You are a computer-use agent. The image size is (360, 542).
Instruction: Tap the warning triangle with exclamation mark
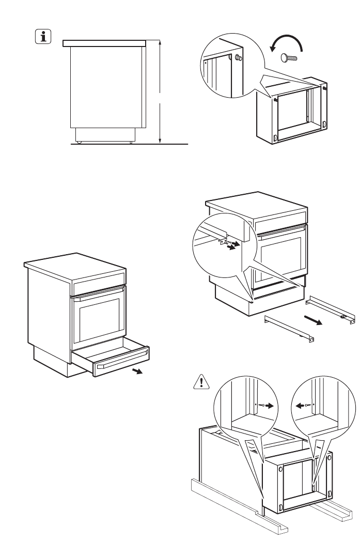pos(199,382)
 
